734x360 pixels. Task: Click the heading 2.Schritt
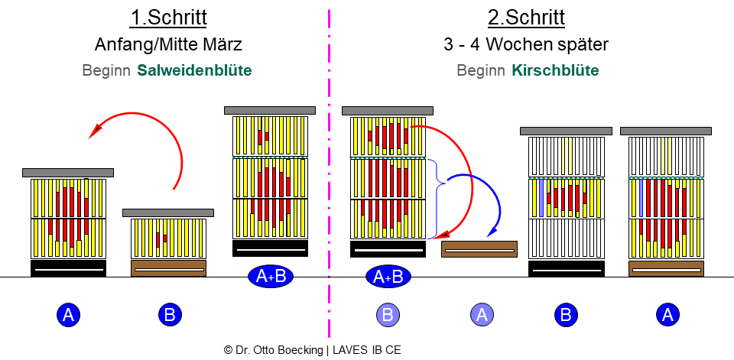(x=526, y=18)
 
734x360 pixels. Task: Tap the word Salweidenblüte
(x=194, y=70)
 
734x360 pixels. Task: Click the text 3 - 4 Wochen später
(x=526, y=44)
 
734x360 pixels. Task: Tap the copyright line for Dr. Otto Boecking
(x=312, y=349)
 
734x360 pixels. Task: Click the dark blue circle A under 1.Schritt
(x=69, y=314)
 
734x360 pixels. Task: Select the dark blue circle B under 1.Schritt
(x=170, y=314)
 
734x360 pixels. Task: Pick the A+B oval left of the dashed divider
(x=271, y=277)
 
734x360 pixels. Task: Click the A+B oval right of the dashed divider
(x=388, y=277)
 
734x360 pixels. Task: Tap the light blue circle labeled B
(x=388, y=314)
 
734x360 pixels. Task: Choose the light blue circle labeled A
(x=481, y=314)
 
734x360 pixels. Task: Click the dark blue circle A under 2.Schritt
(x=667, y=314)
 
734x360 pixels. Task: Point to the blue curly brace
(x=437, y=199)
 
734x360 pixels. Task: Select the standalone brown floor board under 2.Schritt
(x=479, y=249)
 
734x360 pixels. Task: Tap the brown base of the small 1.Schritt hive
(x=169, y=268)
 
